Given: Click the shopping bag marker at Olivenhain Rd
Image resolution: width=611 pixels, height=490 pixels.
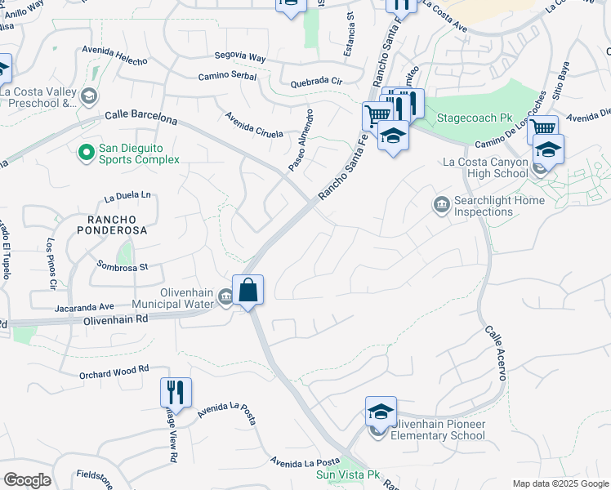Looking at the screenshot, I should coord(248,291).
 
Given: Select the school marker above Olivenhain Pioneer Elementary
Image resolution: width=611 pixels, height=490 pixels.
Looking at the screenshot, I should coord(381,412).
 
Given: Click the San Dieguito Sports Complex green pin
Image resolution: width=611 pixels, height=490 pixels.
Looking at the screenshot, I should coord(85,153).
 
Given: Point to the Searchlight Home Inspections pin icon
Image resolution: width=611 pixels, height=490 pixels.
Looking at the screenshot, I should coord(442,203).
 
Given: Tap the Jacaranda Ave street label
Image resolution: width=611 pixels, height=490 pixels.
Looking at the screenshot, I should coord(84,306).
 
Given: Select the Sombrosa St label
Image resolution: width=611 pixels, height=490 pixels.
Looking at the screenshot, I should coord(123,265).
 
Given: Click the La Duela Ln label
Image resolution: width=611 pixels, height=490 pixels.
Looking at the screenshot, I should coord(128,196).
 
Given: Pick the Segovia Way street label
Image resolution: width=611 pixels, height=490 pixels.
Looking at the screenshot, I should coord(240,58).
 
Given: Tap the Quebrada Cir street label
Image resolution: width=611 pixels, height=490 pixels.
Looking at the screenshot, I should coord(316,82).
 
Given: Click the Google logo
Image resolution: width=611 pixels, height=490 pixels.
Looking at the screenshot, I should coord(27,480).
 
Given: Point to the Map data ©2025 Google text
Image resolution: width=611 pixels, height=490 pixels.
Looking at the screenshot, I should coord(560,483).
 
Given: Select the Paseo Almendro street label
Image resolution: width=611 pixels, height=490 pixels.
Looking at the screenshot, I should coord(300,140).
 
